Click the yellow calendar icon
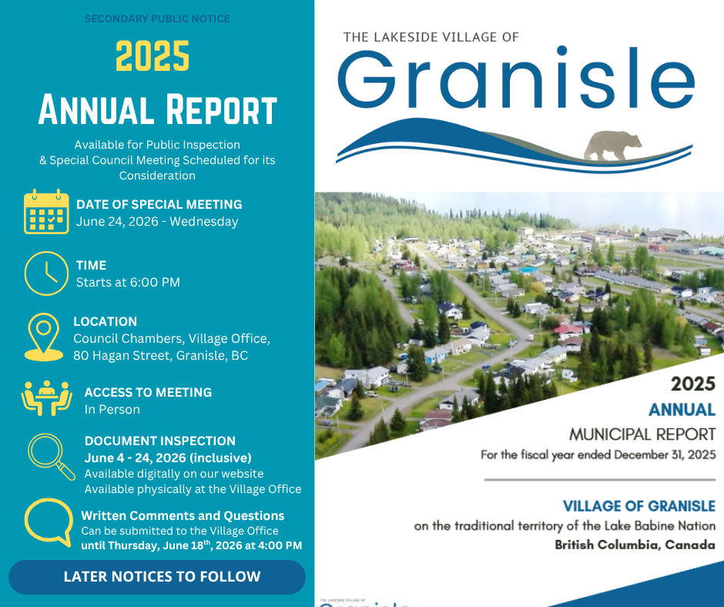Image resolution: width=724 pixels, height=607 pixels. tap(46, 212)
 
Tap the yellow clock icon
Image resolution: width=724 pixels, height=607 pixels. tap(46, 273)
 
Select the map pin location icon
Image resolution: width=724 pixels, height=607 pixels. tap(44, 337)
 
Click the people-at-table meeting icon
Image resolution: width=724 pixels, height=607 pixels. tap(46, 398)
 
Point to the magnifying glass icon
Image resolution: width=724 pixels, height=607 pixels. tap(52, 456)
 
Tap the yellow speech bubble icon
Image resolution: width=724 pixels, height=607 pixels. tap(49, 522)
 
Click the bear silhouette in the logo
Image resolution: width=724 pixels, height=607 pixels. tap(612, 145)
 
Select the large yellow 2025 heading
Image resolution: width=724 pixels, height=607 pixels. tap(153, 56)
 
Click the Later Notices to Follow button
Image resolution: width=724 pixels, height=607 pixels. tap(157, 577)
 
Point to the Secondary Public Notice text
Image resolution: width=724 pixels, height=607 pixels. tap(157, 19)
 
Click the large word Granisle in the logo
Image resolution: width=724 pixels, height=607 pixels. tap(516, 78)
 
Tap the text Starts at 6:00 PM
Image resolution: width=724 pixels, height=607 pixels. tap(128, 282)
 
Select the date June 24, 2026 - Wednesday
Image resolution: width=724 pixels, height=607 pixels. tap(157, 222)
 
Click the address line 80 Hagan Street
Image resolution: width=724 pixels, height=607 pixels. tap(160, 356)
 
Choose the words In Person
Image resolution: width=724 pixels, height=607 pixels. tap(112, 409)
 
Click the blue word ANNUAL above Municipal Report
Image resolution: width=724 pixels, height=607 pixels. tap(682, 410)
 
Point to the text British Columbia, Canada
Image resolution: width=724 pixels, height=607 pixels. tap(635, 545)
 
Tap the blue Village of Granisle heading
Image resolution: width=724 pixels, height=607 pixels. tap(639, 506)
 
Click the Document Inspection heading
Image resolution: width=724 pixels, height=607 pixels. tap(159, 441)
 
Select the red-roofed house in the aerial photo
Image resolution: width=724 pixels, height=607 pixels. tap(568, 330)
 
